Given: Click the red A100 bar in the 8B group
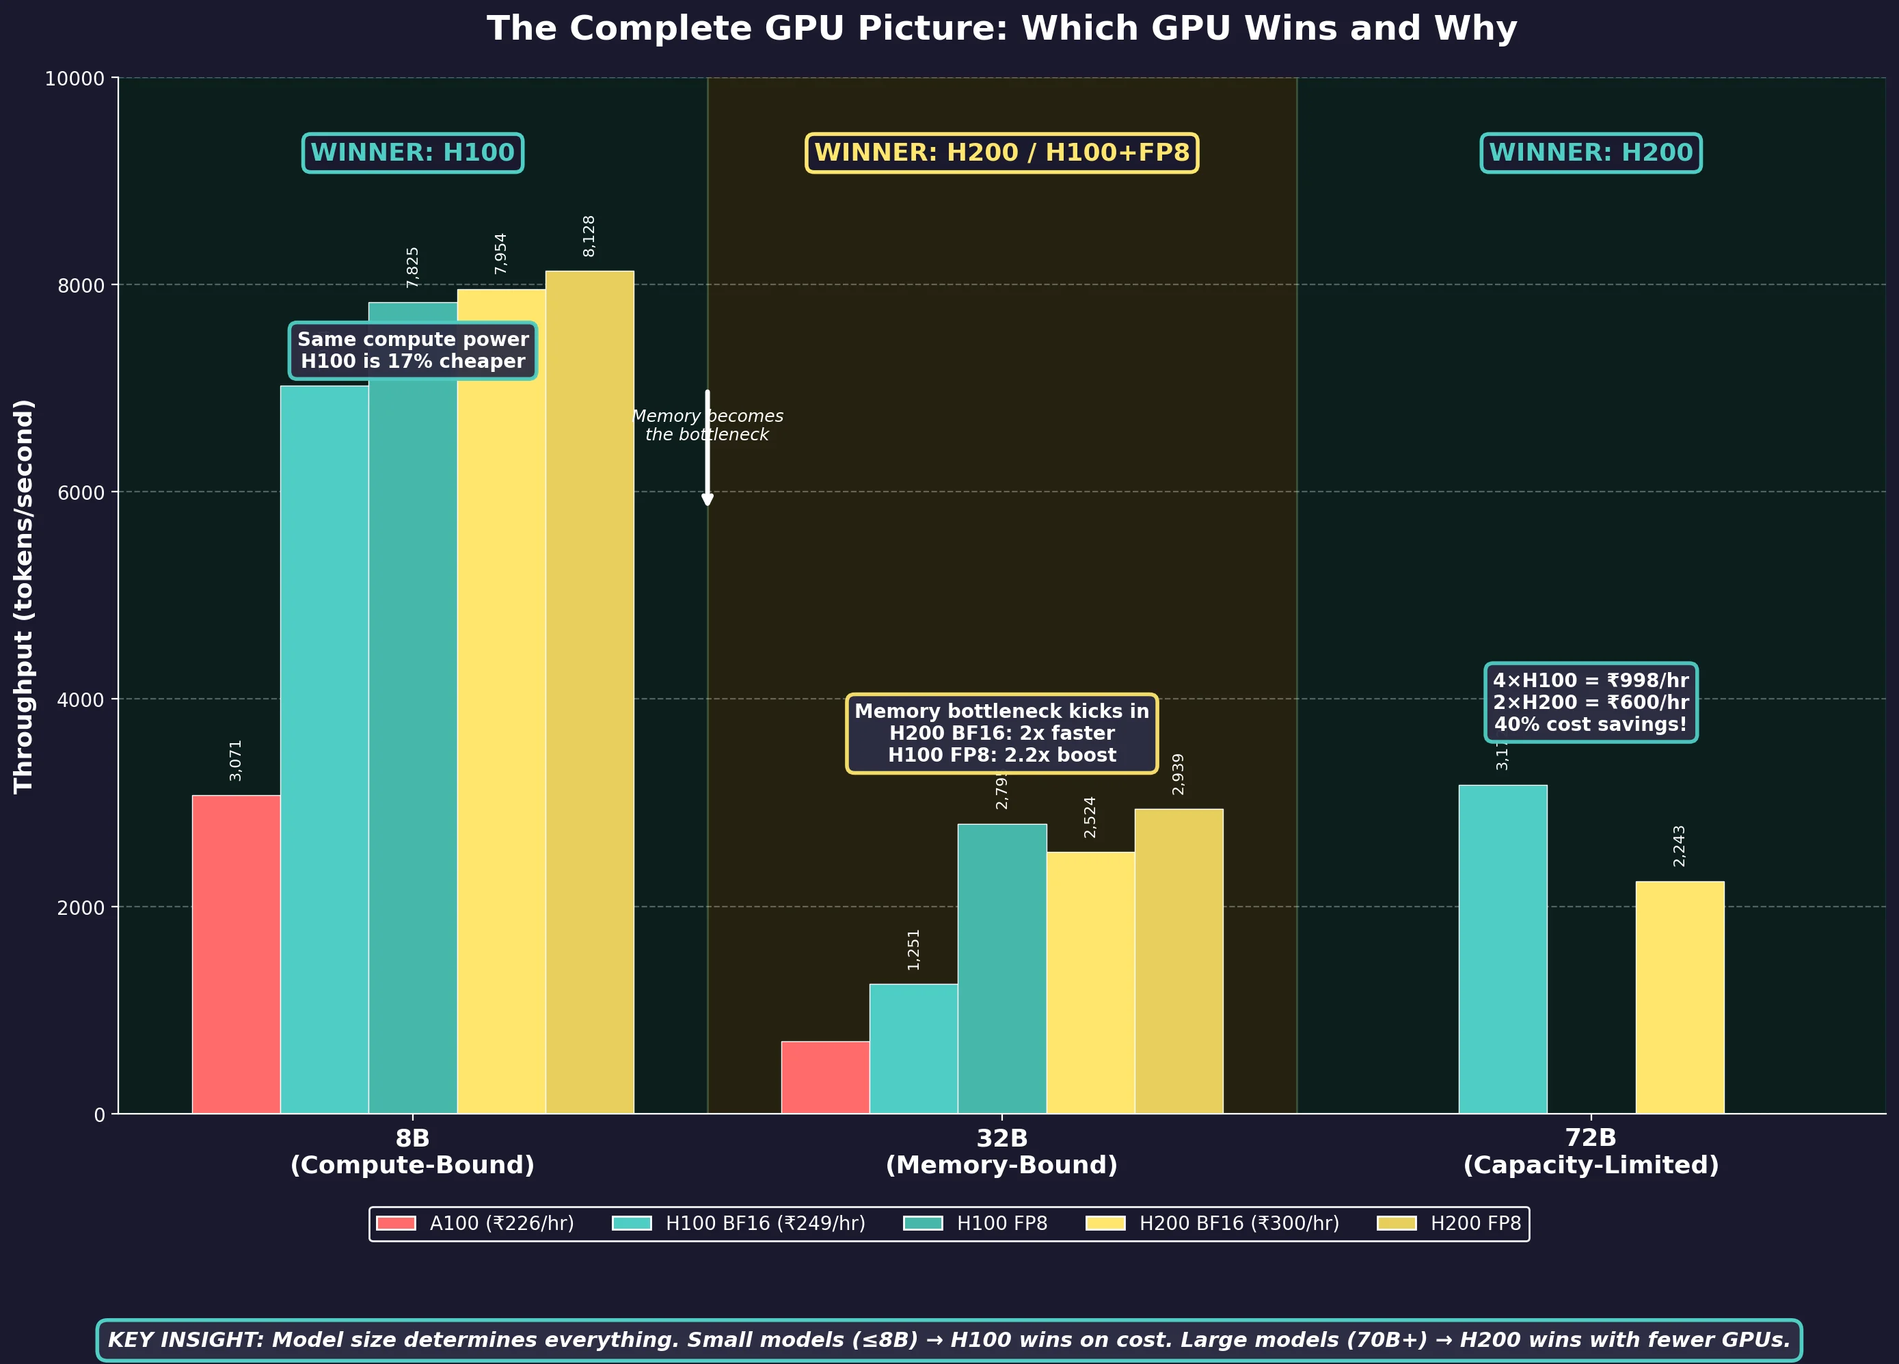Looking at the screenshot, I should coord(236,954).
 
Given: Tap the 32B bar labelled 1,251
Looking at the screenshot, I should coord(913,1048).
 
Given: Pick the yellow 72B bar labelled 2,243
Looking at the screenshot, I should coord(1680,996).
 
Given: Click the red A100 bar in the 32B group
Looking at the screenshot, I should coord(824,1077).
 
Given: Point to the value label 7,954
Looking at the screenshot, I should coord(500,254).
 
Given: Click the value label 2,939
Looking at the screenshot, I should coord(1178,774).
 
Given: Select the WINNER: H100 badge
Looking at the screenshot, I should coord(413,153).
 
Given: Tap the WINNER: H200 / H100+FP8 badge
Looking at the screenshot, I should coord(1001,153).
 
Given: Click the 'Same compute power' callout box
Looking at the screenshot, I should coord(413,350).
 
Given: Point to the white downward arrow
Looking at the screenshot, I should coord(708,448).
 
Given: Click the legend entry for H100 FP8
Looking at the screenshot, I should coord(975,1223).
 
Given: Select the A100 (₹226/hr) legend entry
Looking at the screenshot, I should coord(474,1223).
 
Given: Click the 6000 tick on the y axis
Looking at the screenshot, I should coord(81,492).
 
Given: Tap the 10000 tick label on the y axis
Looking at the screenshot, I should coord(75,79).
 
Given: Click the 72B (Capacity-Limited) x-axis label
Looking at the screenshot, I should coord(1590,1151).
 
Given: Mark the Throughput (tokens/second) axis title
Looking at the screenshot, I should coord(23,596).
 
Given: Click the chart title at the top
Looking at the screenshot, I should coord(1001,29).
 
